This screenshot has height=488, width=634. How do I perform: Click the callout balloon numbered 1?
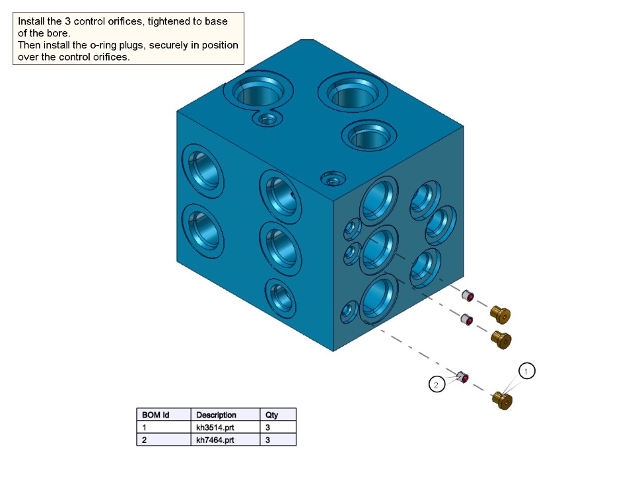(526, 370)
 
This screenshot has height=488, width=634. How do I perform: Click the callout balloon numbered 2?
(437, 384)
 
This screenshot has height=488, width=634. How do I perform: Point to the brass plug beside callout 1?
(502, 400)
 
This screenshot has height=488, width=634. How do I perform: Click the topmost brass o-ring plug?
(500, 314)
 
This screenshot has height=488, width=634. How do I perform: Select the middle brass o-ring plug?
(501, 339)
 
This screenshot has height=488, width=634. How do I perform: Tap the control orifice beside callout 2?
(462, 377)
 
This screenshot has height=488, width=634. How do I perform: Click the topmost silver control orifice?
(468, 296)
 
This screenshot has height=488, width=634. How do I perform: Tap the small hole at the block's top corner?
(333, 178)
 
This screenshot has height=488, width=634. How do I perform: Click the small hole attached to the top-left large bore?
(267, 119)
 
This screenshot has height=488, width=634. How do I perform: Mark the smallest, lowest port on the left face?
(281, 298)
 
